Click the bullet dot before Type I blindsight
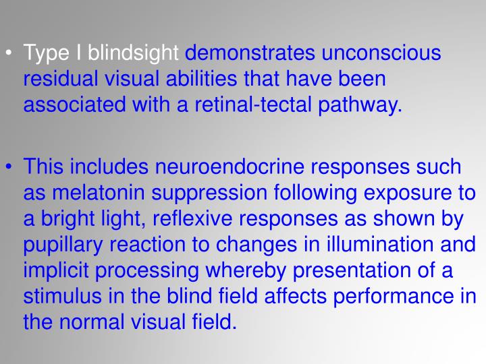[x=12, y=53]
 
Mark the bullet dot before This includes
[x=12, y=166]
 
